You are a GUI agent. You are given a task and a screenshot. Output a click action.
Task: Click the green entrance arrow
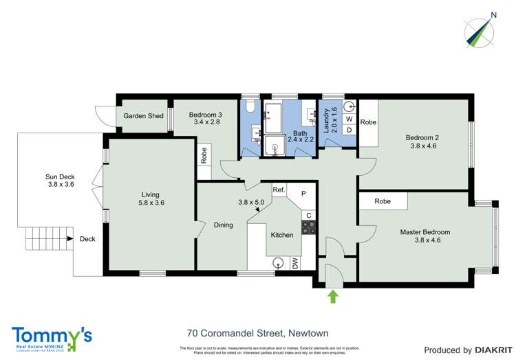click(x=333, y=296)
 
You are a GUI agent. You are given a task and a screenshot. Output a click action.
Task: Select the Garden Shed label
click(x=143, y=116)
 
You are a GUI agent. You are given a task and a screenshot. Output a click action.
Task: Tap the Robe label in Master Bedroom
click(x=383, y=201)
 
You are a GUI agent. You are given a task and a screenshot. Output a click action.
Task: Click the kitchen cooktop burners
click(x=308, y=229)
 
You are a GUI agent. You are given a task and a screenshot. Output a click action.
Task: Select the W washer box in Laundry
click(x=349, y=118)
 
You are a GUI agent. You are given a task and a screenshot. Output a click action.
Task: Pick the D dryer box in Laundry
click(x=349, y=130)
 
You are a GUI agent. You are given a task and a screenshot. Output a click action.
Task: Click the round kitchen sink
click(x=279, y=262)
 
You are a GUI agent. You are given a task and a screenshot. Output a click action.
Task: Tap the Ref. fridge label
click(x=279, y=190)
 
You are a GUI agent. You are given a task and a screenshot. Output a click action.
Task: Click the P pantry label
click(x=303, y=194)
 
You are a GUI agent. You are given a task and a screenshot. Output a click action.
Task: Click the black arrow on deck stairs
click(x=70, y=239)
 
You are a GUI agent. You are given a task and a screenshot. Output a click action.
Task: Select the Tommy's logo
click(x=52, y=337)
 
